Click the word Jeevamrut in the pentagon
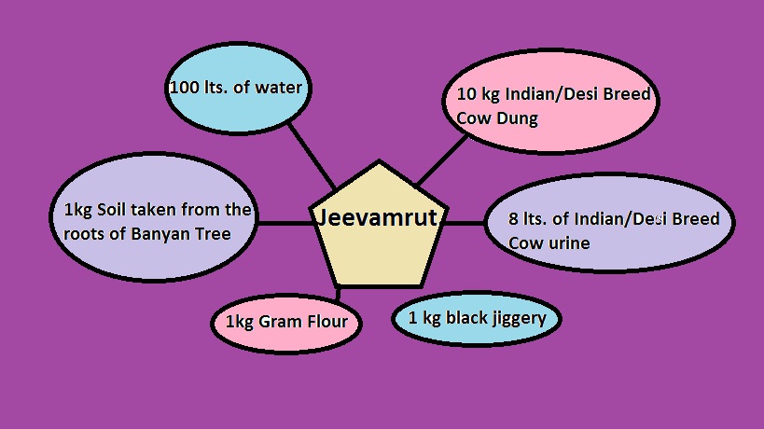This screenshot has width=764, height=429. coord(379,217)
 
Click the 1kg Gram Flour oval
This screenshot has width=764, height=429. coord(286,323)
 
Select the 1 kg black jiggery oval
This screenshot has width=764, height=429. coord(483,318)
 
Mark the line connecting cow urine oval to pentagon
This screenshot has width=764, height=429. coord(464,223)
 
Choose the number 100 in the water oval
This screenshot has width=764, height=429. coord(183,89)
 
